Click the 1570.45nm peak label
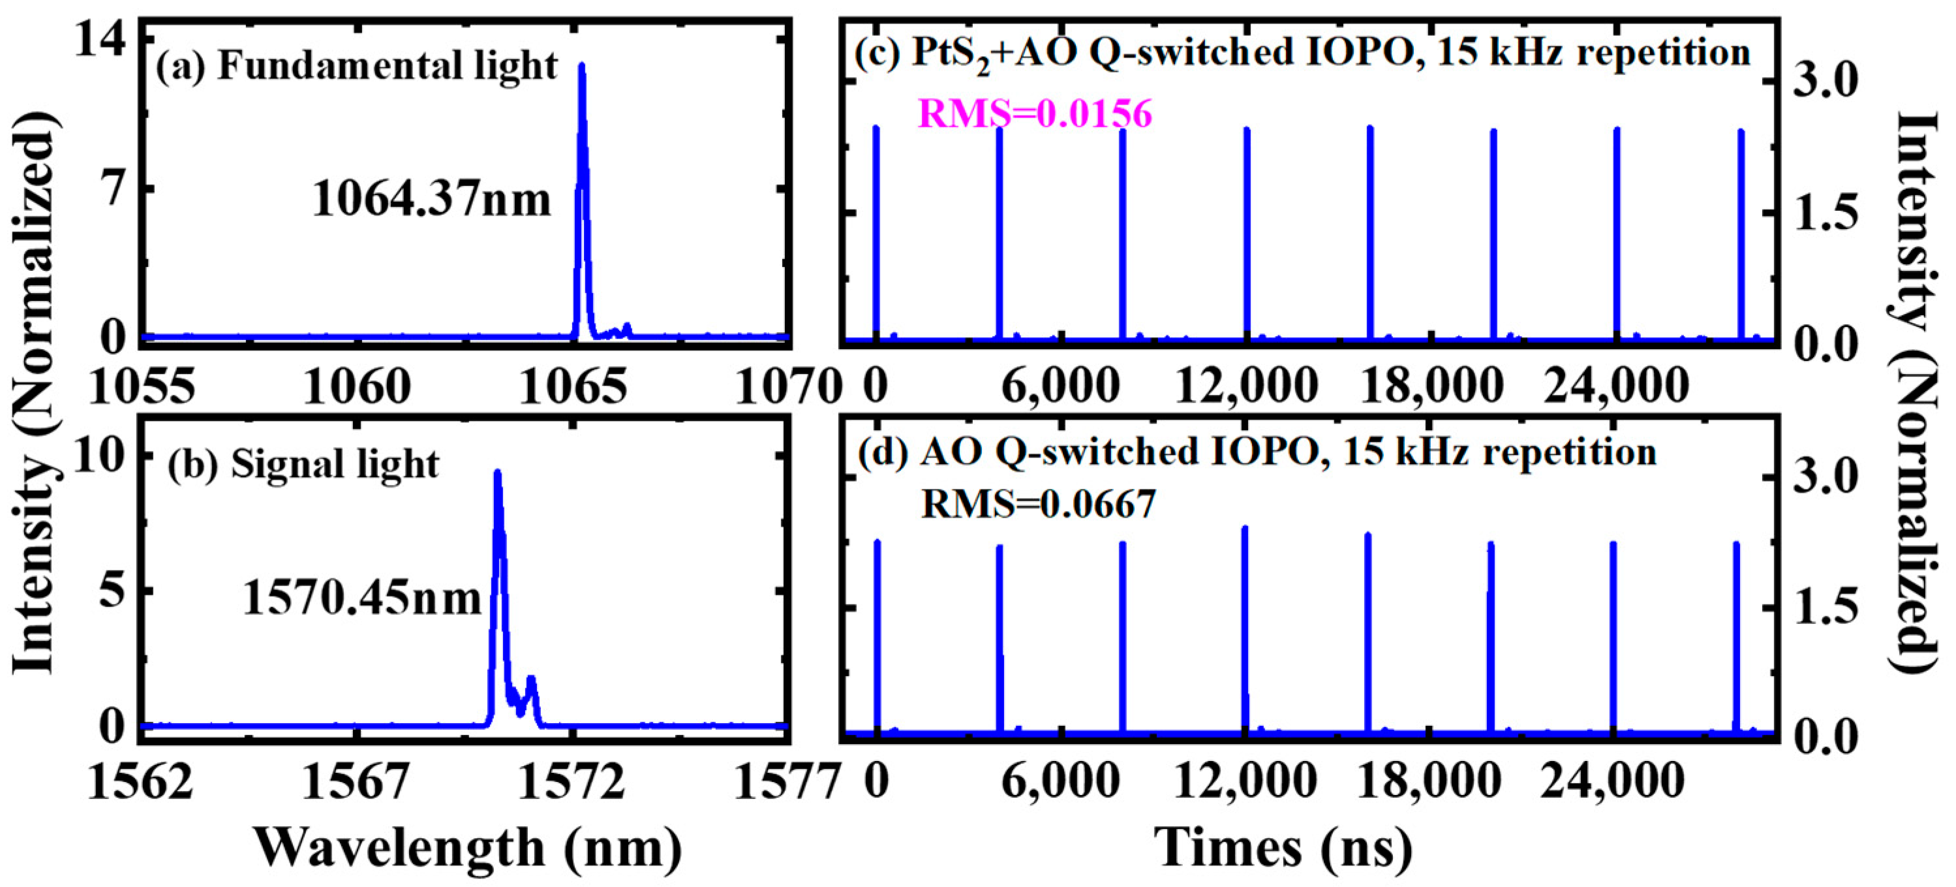[x=362, y=599]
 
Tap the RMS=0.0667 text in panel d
[x=1038, y=503]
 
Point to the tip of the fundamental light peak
[x=581, y=66]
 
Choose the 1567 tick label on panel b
[x=356, y=782]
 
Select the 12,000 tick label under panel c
[x=1245, y=386]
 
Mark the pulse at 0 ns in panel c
[x=876, y=228]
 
